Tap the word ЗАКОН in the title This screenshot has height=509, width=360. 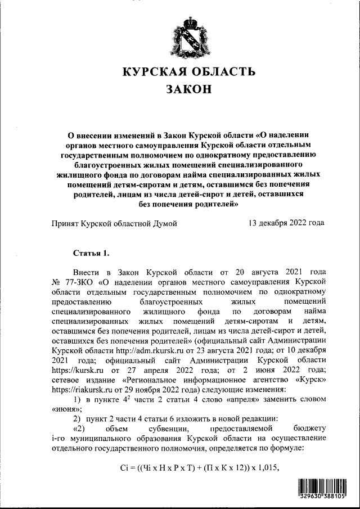coord(189,89)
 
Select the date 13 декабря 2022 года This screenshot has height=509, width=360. coord(286,223)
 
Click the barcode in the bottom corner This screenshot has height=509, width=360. coord(325,489)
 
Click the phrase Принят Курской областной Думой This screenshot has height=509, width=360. coord(115,223)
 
